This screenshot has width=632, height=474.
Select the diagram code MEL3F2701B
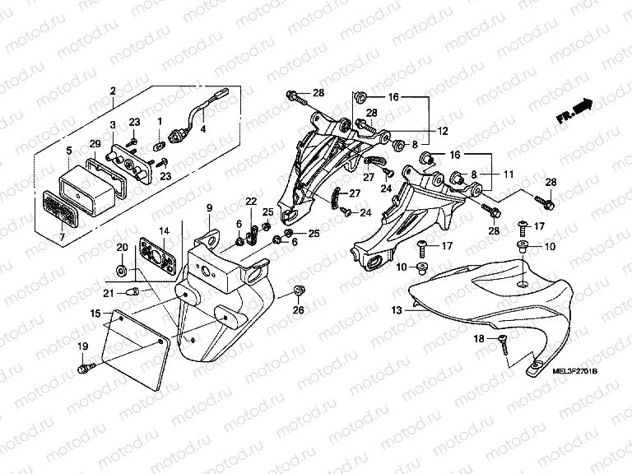coord(565,372)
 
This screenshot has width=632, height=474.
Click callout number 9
coord(209,207)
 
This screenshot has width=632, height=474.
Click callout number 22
coord(251,202)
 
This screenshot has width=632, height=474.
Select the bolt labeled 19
coord(83,369)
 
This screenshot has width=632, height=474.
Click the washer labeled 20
coord(122,270)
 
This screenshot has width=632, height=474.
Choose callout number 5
coord(69,150)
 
